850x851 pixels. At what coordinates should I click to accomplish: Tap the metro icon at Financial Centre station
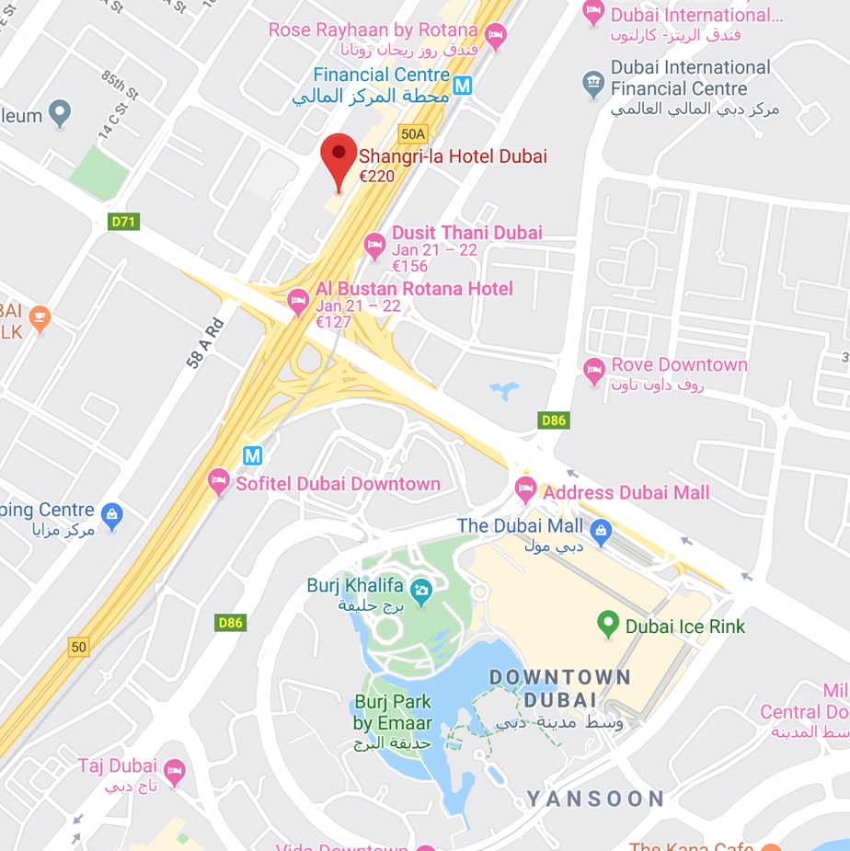coord(463,86)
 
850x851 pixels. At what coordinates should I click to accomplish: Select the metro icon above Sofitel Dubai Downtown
coord(252,454)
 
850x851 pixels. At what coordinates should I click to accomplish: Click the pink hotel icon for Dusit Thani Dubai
coord(374,244)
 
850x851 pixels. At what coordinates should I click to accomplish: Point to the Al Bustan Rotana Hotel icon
coord(298,301)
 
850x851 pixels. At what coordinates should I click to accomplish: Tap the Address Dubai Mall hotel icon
coord(525,489)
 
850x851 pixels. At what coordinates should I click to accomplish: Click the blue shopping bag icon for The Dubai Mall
coord(601,529)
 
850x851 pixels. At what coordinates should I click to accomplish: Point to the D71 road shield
coord(123,222)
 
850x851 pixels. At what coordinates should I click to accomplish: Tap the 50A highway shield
coord(413,133)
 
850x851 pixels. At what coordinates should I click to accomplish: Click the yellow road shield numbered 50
coord(79,647)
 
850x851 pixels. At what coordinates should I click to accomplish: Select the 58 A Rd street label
coord(205,343)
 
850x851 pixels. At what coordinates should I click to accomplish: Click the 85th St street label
coord(120,86)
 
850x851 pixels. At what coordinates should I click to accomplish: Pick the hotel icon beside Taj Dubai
coord(174,769)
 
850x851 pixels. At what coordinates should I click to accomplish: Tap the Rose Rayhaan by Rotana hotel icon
coord(497,37)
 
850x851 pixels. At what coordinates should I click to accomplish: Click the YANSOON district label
coord(595,799)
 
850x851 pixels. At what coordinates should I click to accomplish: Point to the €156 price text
coord(411,266)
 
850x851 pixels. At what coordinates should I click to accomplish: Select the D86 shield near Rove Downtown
coord(554,420)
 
